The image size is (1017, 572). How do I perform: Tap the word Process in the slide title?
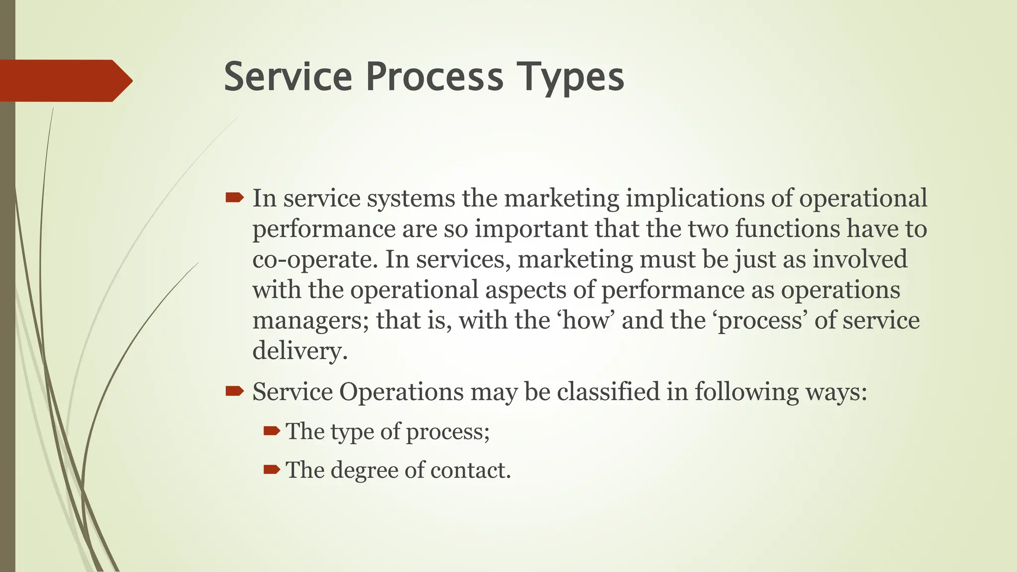click(x=435, y=77)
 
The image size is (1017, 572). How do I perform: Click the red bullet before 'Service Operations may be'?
click(x=234, y=392)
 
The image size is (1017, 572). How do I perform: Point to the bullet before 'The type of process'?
click(x=272, y=430)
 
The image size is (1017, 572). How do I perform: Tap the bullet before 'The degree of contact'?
click(x=272, y=469)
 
